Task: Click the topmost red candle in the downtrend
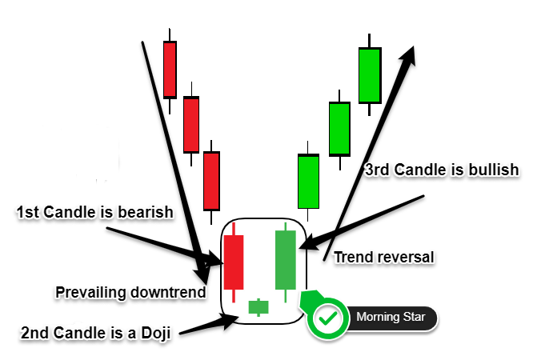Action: tap(170, 70)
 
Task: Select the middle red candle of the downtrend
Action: tap(191, 125)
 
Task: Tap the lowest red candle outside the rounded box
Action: tap(211, 181)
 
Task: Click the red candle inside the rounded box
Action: tap(234, 262)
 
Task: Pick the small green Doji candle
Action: tap(258, 307)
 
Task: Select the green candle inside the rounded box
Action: tap(286, 260)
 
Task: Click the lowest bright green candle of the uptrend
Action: tap(308, 182)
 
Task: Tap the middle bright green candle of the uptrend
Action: tap(339, 129)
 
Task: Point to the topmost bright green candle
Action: tap(370, 75)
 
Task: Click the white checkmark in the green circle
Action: tap(328, 318)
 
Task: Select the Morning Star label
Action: tap(391, 317)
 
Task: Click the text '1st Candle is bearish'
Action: tap(95, 212)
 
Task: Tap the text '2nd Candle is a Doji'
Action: tap(96, 333)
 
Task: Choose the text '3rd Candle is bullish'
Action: tap(442, 170)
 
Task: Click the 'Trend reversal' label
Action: tap(384, 258)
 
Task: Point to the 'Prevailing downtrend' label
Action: tap(130, 293)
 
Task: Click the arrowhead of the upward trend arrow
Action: tap(408, 55)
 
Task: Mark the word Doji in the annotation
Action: tap(156, 333)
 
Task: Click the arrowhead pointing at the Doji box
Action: tap(230, 321)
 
